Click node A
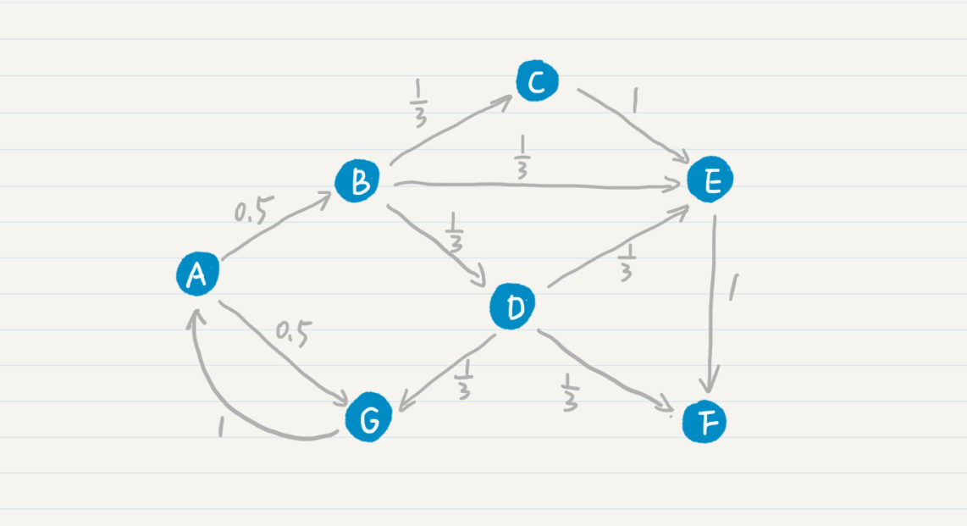(x=197, y=274)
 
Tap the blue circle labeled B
(x=357, y=180)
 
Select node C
(x=537, y=80)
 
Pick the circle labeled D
(x=512, y=307)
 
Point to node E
(x=710, y=180)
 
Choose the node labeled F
(x=705, y=422)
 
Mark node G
(x=369, y=418)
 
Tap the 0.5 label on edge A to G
(x=293, y=333)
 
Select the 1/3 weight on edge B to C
(x=419, y=102)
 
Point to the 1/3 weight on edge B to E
(x=522, y=157)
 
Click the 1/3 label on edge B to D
(x=455, y=232)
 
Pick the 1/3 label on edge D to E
(x=627, y=262)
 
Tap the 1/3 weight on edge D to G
(x=464, y=379)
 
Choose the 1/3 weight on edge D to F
(x=569, y=391)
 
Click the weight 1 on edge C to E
(x=634, y=100)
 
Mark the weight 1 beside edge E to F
(x=733, y=287)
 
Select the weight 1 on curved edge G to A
(x=221, y=426)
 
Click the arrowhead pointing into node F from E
(x=710, y=383)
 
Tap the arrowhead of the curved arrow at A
(x=196, y=317)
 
